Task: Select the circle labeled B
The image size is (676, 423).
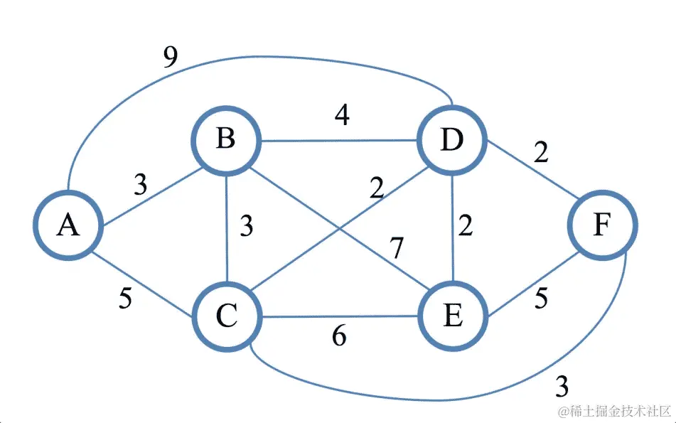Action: pos(225,139)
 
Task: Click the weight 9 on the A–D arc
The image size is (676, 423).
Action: pos(170,58)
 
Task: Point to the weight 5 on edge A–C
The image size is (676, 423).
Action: pos(126,299)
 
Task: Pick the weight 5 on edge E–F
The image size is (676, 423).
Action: pos(541,299)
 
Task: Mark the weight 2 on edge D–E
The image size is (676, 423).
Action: pos(466,225)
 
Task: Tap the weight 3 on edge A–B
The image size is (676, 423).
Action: pos(141,186)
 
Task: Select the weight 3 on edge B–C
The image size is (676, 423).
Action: pos(246,225)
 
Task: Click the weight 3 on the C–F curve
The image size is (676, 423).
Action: pos(562,387)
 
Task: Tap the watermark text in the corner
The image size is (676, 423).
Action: pos(614,412)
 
